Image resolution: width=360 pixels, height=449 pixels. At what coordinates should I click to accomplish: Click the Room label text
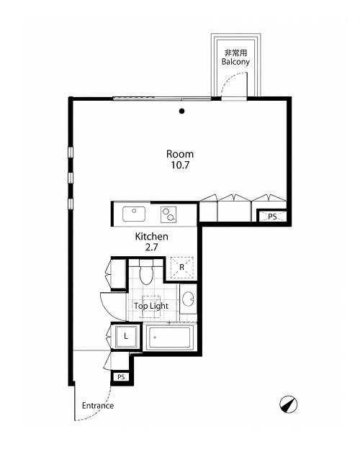coord(180,154)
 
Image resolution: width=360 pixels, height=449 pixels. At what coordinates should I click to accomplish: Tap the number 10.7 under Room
coord(180,165)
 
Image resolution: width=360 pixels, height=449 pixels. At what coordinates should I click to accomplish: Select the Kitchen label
coord(152,237)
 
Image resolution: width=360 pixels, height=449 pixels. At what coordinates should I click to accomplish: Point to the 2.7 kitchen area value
coord(152,247)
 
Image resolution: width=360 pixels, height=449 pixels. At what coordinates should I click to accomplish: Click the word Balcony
coord(235,62)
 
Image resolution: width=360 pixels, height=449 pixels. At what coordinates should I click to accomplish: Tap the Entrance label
coord(98,406)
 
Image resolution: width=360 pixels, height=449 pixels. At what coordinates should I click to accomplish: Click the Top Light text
coord(151,306)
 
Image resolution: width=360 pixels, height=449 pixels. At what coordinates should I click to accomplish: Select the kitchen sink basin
coord(134,214)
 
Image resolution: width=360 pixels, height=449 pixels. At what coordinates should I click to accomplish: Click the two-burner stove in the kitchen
coord(168,214)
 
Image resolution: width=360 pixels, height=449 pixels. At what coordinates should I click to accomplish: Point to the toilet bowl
coord(146,274)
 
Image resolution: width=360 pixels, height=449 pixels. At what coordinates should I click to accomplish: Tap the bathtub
coord(170,337)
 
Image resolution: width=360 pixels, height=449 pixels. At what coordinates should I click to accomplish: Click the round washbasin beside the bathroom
coord(189,299)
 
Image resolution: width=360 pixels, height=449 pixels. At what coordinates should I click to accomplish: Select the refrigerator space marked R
coord(181,268)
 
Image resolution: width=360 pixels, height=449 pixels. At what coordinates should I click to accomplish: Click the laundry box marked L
coord(126,336)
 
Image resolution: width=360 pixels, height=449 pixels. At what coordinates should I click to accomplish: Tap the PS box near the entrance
coord(121,377)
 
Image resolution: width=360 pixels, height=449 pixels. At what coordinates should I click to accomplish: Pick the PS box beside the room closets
coord(272,217)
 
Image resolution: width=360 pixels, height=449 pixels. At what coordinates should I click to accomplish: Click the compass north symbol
coord(288,404)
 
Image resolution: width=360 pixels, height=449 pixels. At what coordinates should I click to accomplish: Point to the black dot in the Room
coord(181,111)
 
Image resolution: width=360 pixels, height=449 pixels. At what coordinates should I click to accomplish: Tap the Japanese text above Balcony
coord(235,53)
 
